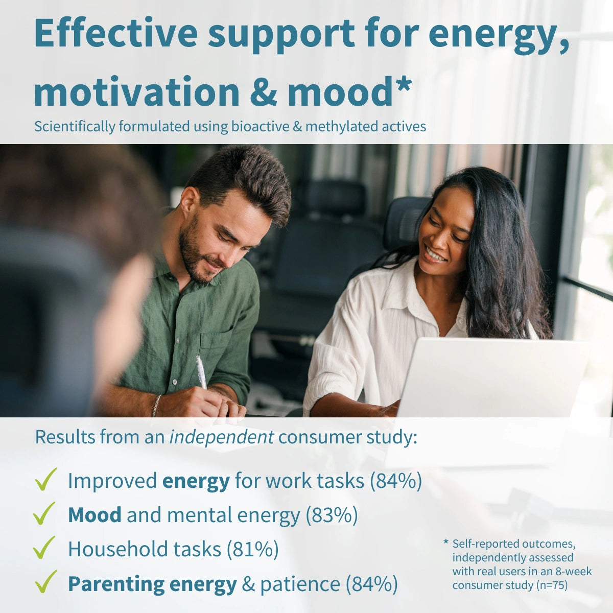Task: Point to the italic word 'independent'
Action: click(x=221, y=437)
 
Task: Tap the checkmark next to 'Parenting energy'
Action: click(x=46, y=581)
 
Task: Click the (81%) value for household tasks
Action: click(x=252, y=549)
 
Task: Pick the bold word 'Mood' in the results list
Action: click(x=95, y=514)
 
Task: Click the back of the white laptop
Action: click(x=491, y=378)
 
